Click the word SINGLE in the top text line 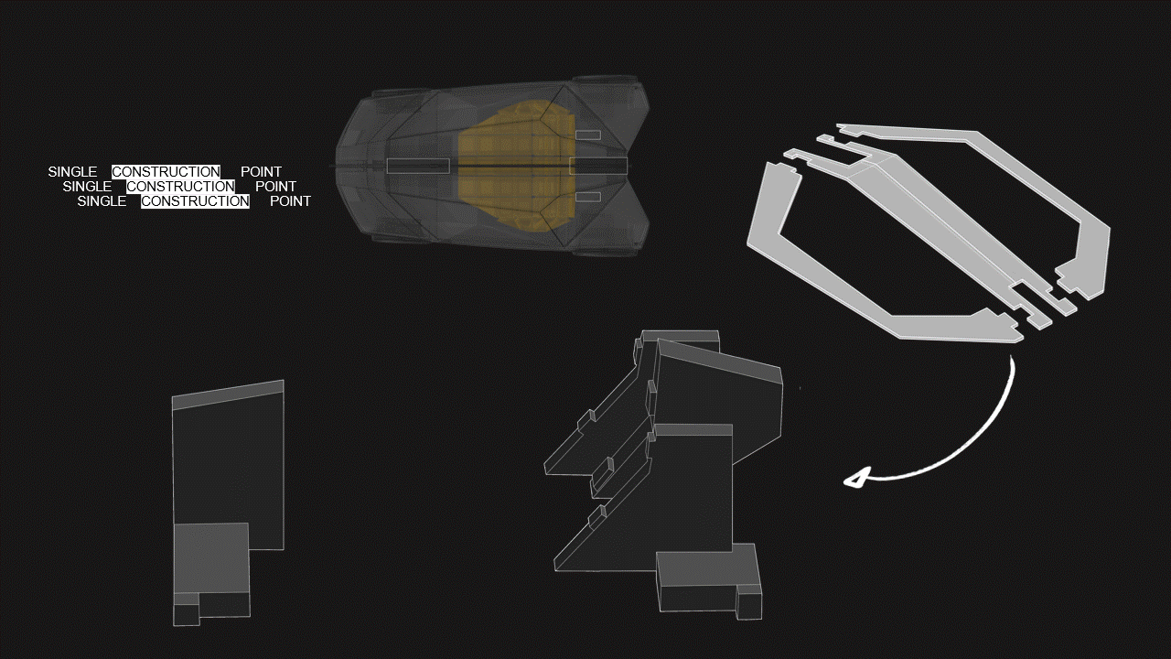click(72, 172)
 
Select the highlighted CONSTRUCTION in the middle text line click(180, 187)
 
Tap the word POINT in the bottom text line click(290, 201)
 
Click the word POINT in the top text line click(261, 172)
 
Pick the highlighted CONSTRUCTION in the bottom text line click(195, 201)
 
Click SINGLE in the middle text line click(87, 187)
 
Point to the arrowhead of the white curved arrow click(855, 479)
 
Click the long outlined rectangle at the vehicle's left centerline click(417, 166)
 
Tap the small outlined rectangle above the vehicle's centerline click(587, 135)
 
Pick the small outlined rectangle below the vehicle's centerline click(587, 197)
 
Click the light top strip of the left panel click(228, 394)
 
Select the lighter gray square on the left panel click(210, 556)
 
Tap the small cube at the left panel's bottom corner click(186, 614)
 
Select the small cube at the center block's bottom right click(749, 603)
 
